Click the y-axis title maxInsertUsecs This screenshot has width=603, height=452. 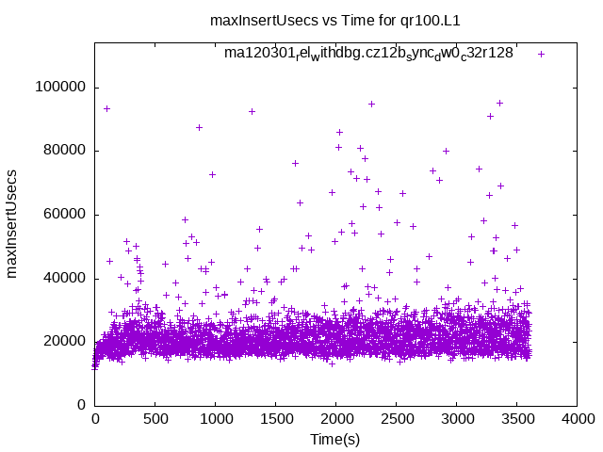coord(12,223)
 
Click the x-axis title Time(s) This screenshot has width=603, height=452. coord(336,439)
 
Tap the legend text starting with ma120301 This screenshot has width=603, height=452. coord(368,53)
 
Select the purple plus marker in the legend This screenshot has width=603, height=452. coord(541,54)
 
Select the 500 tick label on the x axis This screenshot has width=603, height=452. coord(155,420)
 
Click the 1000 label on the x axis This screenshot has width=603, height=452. coord(215,420)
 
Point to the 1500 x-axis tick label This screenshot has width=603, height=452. coord(275,420)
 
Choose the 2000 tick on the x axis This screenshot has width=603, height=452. coord(335,420)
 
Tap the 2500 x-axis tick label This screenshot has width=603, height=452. coord(396,420)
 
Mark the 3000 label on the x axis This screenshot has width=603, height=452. coord(456,420)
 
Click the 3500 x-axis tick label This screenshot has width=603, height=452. coord(516,420)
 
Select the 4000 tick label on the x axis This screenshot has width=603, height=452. coord(577,420)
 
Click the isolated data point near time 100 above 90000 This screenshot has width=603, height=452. coord(106,108)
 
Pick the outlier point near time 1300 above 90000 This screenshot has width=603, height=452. coord(252,111)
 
